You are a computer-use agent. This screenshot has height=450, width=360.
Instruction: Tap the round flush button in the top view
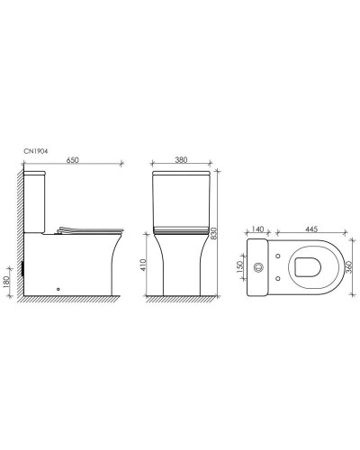tap(257, 267)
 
